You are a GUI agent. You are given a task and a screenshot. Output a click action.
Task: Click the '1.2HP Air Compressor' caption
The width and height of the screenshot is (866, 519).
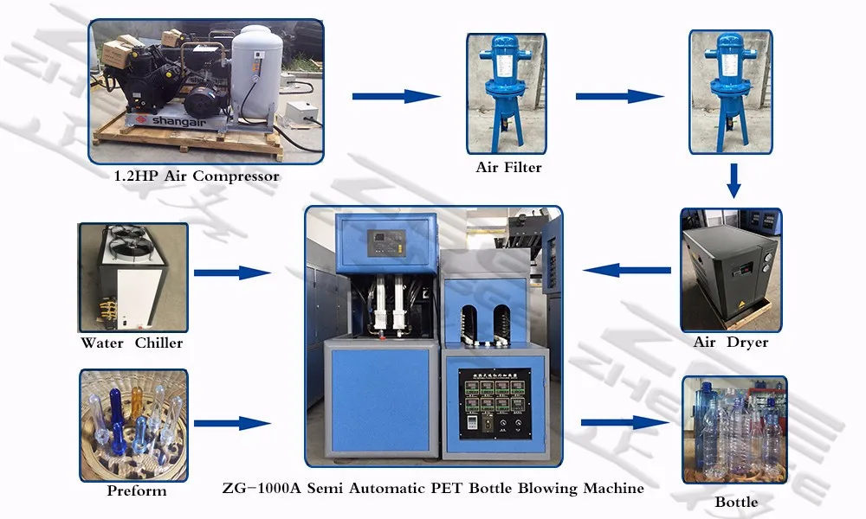(x=197, y=176)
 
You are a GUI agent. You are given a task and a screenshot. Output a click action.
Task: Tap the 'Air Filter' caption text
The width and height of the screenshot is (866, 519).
(x=508, y=168)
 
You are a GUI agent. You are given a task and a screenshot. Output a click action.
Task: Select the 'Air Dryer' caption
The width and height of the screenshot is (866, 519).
(x=730, y=343)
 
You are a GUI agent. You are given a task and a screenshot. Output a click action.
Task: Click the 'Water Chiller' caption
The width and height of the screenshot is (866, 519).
(x=132, y=343)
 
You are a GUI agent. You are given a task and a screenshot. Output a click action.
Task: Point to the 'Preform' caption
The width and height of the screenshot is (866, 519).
(x=137, y=491)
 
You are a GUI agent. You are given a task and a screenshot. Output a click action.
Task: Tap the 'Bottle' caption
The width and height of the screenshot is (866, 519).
(x=736, y=502)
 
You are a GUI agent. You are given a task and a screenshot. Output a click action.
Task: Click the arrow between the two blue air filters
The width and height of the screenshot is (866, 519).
(x=619, y=96)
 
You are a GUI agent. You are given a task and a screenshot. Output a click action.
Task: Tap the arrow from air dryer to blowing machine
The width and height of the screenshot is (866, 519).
(x=626, y=271)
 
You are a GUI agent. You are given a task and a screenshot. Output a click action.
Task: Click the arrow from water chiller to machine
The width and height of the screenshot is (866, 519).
(x=231, y=272)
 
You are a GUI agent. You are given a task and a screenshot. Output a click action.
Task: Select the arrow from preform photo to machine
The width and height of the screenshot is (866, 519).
(x=231, y=423)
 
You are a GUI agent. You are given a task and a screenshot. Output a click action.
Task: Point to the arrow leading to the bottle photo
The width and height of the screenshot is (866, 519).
(x=626, y=423)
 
